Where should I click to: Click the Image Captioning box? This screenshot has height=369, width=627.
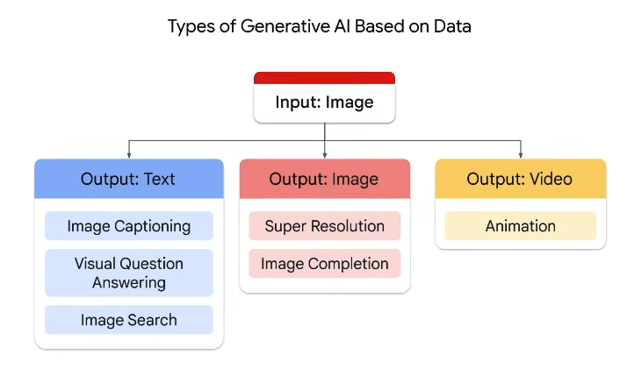129,226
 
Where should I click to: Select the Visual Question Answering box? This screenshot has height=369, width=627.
129,273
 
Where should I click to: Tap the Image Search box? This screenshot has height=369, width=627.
129,320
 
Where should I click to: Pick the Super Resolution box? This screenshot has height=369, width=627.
325,226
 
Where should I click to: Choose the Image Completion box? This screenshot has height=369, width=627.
325,264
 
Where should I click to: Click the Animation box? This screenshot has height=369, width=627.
521,226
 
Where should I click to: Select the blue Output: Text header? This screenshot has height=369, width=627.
129,179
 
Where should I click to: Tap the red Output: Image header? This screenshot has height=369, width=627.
325,179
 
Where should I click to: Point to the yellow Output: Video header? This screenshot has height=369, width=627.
521,179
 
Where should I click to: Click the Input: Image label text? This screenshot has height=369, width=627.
324,103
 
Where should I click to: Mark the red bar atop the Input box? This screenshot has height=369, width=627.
324,78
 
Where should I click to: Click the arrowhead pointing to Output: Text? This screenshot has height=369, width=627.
129,156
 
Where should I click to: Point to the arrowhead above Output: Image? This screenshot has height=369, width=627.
325,156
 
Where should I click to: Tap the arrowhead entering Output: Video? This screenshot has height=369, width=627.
521,156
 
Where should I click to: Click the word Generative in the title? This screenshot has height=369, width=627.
285,26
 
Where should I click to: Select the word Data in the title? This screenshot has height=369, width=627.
452,26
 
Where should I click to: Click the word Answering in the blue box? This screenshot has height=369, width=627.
129,283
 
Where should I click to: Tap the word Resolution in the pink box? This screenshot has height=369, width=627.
348,226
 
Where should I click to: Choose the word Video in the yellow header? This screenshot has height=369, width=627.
551,179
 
